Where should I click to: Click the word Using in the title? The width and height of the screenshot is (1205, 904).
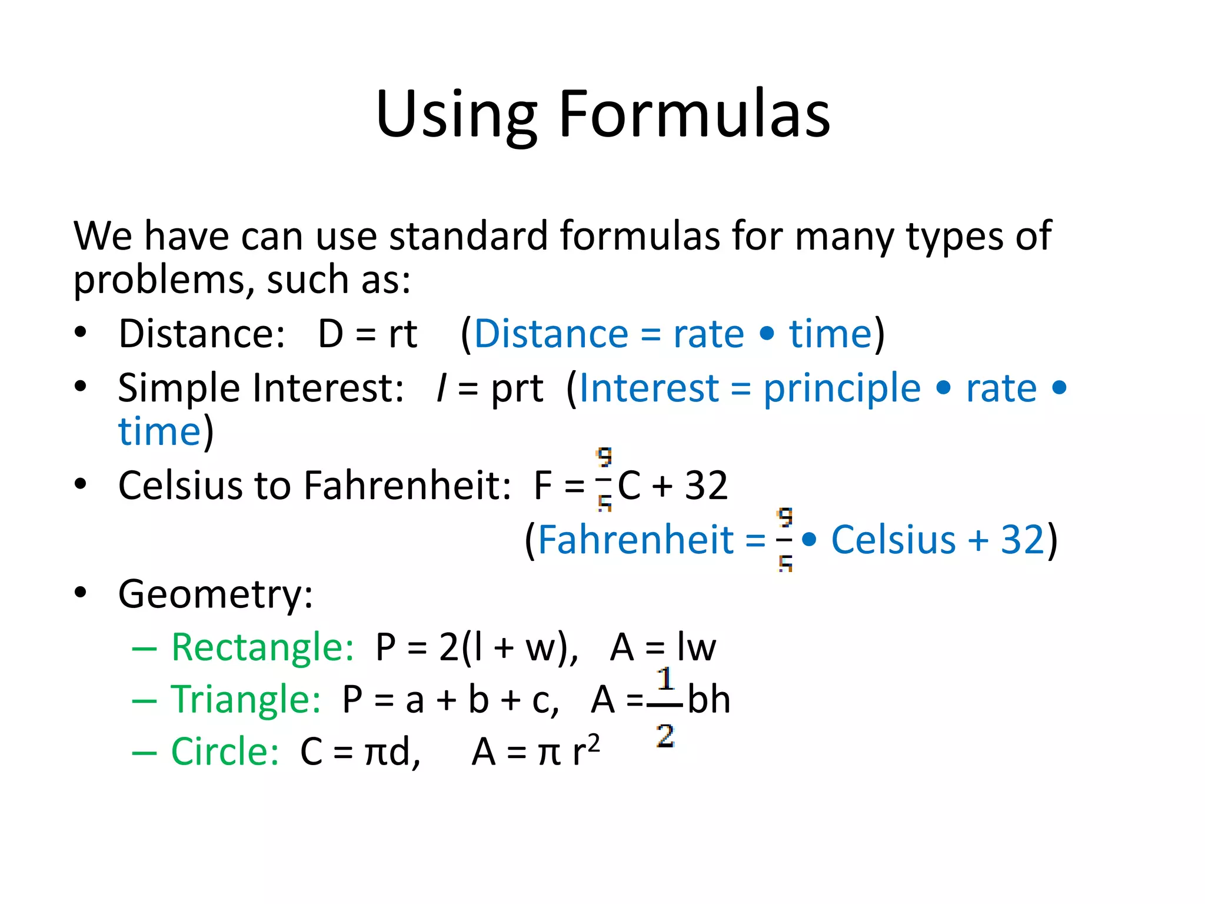click(456, 115)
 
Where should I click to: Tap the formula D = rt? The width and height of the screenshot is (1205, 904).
click(367, 334)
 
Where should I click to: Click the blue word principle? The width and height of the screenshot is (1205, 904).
click(842, 388)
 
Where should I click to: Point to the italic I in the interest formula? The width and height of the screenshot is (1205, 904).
click(441, 388)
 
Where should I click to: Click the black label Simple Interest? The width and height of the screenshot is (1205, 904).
click(261, 388)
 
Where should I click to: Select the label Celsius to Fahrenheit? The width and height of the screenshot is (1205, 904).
click(315, 486)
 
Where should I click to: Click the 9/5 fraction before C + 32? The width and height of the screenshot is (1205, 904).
click(604, 480)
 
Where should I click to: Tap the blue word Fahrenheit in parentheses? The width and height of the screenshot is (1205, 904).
click(635, 540)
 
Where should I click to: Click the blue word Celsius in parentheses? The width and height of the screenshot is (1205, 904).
click(893, 540)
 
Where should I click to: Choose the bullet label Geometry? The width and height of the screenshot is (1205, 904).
click(215, 594)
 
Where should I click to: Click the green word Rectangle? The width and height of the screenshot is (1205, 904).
click(262, 647)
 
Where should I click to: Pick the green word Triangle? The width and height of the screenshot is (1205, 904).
click(246, 700)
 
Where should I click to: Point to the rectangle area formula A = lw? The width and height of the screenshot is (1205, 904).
click(663, 647)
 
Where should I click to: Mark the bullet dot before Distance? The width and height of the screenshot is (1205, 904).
click(81, 333)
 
